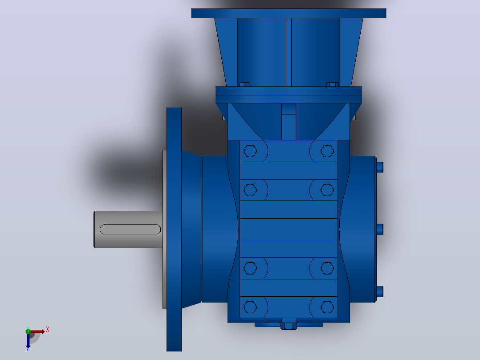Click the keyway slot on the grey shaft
click(x=130, y=229)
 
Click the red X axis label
click(x=48, y=330)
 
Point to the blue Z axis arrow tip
click(x=28, y=348)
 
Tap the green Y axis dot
click(x=28, y=331)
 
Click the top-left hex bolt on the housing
click(x=250, y=151)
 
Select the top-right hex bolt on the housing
click(x=327, y=151)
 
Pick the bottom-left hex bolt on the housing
click(x=250, y=307)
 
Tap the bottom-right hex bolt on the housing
click(x=327, y=307)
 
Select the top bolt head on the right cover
click(x=379, y=167)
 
